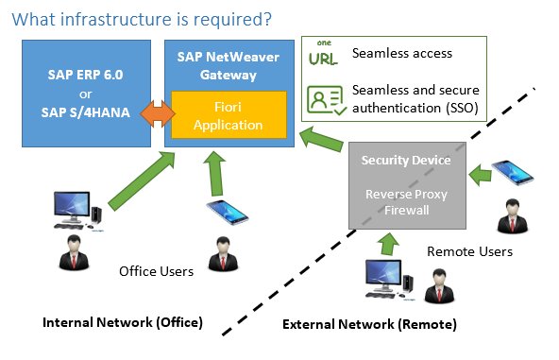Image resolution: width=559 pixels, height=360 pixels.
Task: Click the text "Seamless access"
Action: click(x=401, y=54)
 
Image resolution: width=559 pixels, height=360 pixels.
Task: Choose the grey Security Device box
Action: click(x=405, y=184)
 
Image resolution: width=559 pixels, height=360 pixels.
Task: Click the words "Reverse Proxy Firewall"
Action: click(x=406, y=201)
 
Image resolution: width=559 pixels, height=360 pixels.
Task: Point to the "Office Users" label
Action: click(x=156, y=271)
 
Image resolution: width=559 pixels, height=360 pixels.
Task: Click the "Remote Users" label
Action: click(x=470, y=251)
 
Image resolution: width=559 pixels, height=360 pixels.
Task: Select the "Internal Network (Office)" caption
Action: click(x=123, y=322)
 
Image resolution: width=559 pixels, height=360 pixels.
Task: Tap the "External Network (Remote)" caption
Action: click(x=370, y=324)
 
